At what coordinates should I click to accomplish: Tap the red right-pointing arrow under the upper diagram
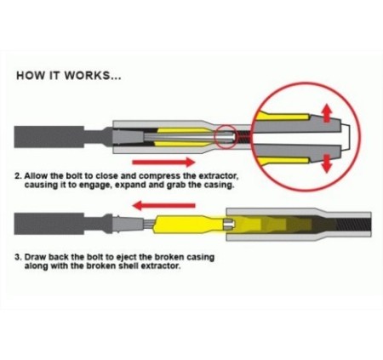click(163, 163)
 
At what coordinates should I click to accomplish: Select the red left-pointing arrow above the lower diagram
click(164, 205)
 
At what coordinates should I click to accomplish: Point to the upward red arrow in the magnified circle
click(327, 113)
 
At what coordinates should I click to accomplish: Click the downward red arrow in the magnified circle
click(327, 163)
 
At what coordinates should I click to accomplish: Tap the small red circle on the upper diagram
click(226, 137)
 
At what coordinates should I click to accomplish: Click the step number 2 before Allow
click(18, 176)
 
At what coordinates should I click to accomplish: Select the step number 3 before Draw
click(18, 258)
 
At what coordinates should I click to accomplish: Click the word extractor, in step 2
click(219, 176)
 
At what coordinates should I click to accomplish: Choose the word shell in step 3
click(129, 266)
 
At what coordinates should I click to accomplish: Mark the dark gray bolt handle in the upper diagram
click(49, 137)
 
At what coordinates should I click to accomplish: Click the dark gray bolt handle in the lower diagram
click(49, 224)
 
